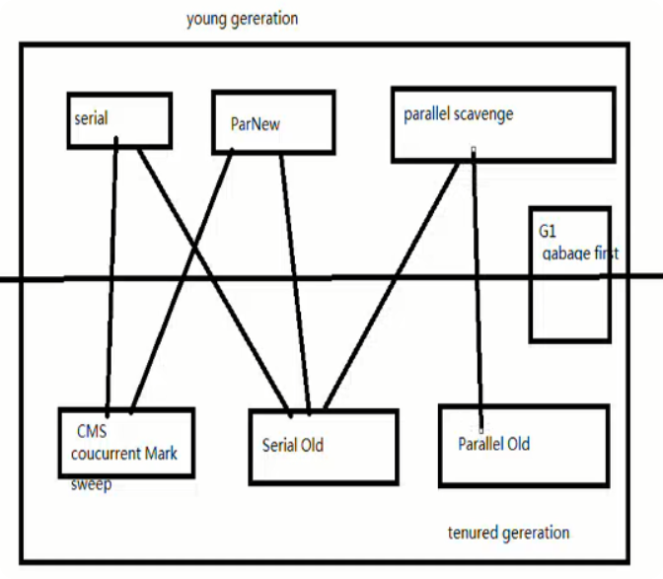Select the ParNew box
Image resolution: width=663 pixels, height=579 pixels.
point(271,122)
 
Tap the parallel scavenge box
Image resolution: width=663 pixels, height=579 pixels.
point(503,123)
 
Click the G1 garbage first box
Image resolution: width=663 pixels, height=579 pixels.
point(569,274)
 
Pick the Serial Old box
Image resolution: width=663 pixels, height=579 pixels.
point(322,446)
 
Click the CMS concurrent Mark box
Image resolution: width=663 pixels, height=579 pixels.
point(125,443)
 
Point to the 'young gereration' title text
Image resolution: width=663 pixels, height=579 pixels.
point(242,19)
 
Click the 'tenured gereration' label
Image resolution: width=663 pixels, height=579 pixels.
point(508,533)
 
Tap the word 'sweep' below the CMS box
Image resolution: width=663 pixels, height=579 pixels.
point(92,485)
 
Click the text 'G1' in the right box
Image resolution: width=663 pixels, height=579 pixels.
point(549,233)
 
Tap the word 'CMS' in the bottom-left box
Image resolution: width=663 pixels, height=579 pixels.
point(92,432)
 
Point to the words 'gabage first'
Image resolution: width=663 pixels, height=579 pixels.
point(580,253)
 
